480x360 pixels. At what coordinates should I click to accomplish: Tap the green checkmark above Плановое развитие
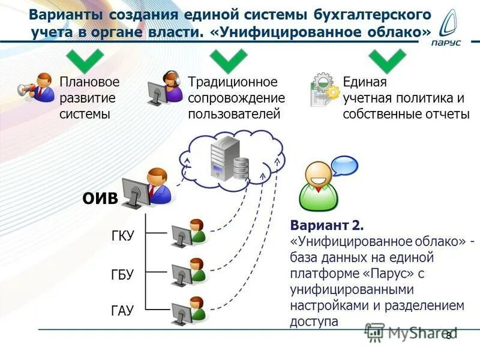85,59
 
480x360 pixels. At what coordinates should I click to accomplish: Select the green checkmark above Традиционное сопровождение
228,59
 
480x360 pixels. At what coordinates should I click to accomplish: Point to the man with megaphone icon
37,87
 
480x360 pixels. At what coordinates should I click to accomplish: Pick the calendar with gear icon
325,89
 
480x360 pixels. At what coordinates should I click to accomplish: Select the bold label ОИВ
100,199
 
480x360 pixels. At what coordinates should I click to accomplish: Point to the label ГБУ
122,274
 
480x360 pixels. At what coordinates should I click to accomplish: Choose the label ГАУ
122,311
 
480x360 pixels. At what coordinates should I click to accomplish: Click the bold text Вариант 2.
327,226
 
